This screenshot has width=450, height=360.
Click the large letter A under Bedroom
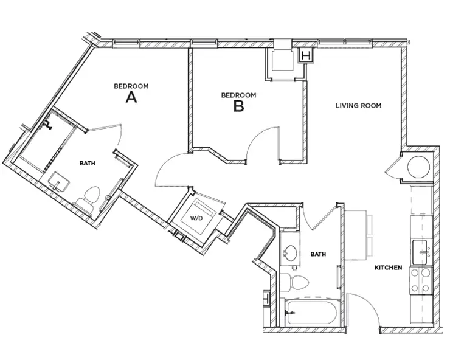tap(130, 97)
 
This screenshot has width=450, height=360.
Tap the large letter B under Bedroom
tap(238, 106)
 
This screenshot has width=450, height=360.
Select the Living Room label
tap(358, 105)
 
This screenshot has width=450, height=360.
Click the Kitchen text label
tap(387, 268)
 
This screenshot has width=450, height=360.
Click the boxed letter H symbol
tap(306, 57)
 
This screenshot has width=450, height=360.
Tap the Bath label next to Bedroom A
tap(88, 163)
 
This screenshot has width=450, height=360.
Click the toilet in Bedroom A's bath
tap(89, 199)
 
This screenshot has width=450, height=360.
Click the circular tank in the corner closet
tap(419, 165)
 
